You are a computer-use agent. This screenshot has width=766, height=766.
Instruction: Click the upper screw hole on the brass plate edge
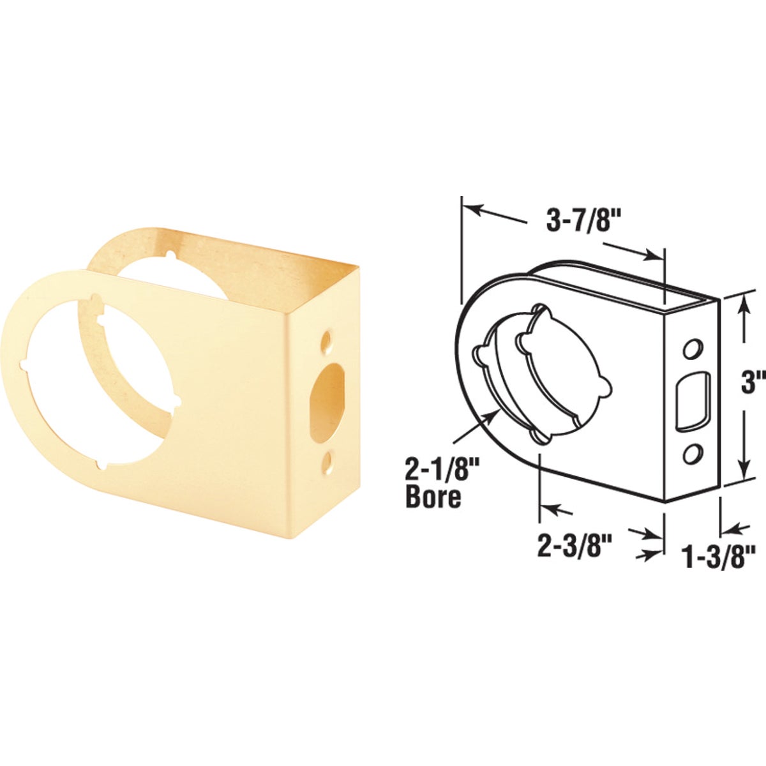[327, 339]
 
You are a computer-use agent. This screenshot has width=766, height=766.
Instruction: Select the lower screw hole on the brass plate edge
[327, 460]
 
